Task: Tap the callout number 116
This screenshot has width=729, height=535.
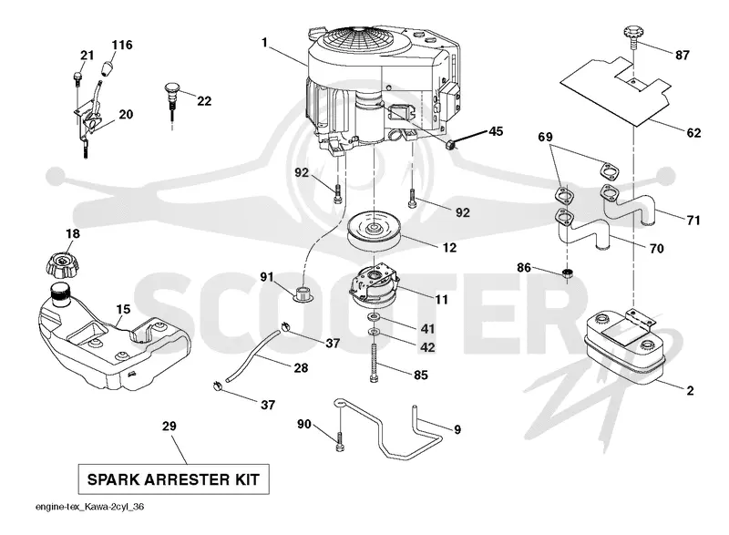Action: pos(122,45)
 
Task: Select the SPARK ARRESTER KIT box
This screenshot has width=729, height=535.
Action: pos(173,479)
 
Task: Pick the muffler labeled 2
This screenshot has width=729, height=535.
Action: pos(623,349)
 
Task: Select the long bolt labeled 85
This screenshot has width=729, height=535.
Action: pos(374,363)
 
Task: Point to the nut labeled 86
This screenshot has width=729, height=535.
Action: pos(566,273)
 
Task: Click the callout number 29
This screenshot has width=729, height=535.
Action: pos(169,427)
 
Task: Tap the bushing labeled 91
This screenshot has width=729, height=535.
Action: pos(303,294)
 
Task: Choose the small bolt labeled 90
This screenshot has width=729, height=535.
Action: pos(340,440)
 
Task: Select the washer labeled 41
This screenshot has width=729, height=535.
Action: pos(374,317)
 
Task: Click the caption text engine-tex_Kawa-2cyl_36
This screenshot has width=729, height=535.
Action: pos(89,507)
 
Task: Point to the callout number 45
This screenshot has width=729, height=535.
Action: pos(496,131)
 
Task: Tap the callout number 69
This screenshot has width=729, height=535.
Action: pos(545,137)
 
